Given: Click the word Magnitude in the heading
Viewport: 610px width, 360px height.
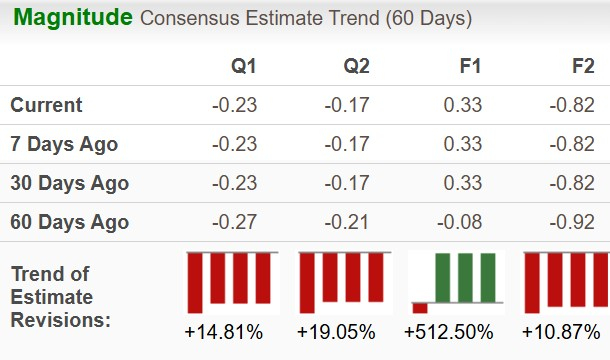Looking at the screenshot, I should (x=72, y=18).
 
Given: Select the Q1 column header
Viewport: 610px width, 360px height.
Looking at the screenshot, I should (x=244, y=66).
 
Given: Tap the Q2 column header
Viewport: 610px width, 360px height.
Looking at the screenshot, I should (x=357, y=66).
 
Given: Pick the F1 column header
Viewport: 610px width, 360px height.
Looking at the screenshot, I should (x=470, y=66).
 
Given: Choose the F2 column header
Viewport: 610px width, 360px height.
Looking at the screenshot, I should (x=583, y=66).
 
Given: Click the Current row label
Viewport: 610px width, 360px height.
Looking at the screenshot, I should (x=47, y=105).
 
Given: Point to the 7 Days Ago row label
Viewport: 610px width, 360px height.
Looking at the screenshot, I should (x=64, y=144).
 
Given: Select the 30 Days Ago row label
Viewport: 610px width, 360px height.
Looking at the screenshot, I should (x=69, y=183).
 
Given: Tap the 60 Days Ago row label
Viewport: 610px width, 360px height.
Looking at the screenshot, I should (x=69, y=222).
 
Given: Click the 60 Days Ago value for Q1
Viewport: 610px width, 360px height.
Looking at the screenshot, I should (x=235, y=222).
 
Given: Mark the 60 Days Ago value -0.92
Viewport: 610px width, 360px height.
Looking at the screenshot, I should (x=574, y=222).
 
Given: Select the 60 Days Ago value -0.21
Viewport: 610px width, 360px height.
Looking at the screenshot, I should (x=348, y=222).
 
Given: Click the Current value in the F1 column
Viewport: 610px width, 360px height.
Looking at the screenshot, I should (x=465, y=105).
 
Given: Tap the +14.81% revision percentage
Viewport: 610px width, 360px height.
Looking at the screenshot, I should (x=224, y=332).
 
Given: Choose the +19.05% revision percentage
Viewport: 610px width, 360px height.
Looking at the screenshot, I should (x=337, y=332).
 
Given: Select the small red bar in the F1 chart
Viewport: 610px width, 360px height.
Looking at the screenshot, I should (x=420, y=308).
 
